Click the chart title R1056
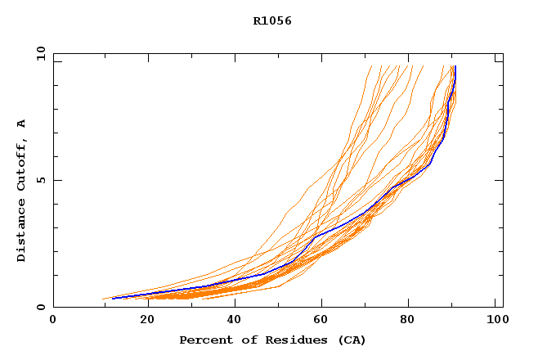pos(272,20)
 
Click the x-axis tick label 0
pos(53,320)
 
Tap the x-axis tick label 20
pos(141,320)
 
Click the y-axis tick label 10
pos(40,54)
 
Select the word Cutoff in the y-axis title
pos(22,163)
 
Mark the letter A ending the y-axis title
pos(22,123)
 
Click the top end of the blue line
pos(455,66)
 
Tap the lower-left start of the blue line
pos(112,298)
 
